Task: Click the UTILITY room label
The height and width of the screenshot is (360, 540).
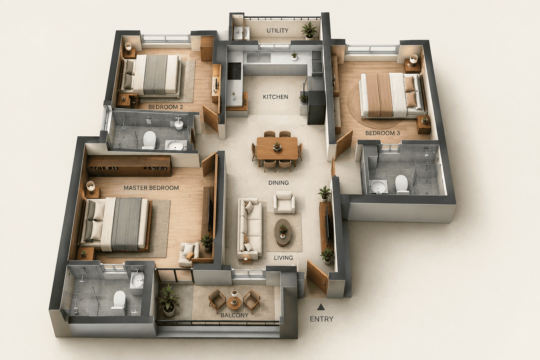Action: point(277,31)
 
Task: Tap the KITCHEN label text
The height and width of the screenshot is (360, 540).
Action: point(276,97)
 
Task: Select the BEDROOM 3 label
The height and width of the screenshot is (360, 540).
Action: point(382,133)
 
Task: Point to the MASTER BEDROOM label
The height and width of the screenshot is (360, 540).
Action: point(151,188)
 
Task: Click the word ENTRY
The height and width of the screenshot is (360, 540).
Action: point(321,319)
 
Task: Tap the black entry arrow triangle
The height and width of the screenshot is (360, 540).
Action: point(320,307)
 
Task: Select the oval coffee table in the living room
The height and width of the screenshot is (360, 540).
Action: point(283,232)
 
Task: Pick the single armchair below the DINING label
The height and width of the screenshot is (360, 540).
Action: point(284,202)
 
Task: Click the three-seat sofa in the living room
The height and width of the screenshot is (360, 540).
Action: point(250,229)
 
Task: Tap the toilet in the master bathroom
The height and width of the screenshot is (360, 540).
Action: point(119,303)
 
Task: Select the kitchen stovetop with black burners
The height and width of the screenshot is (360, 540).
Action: point(234,71)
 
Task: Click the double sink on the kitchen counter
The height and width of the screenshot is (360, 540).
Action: point(259,58)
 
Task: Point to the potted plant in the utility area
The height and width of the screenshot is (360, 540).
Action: point(309,31)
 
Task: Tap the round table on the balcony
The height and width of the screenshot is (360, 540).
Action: point(234,303)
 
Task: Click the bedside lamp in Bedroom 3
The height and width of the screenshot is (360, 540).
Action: point(414,60)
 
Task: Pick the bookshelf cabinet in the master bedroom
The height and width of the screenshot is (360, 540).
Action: point(129,166)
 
